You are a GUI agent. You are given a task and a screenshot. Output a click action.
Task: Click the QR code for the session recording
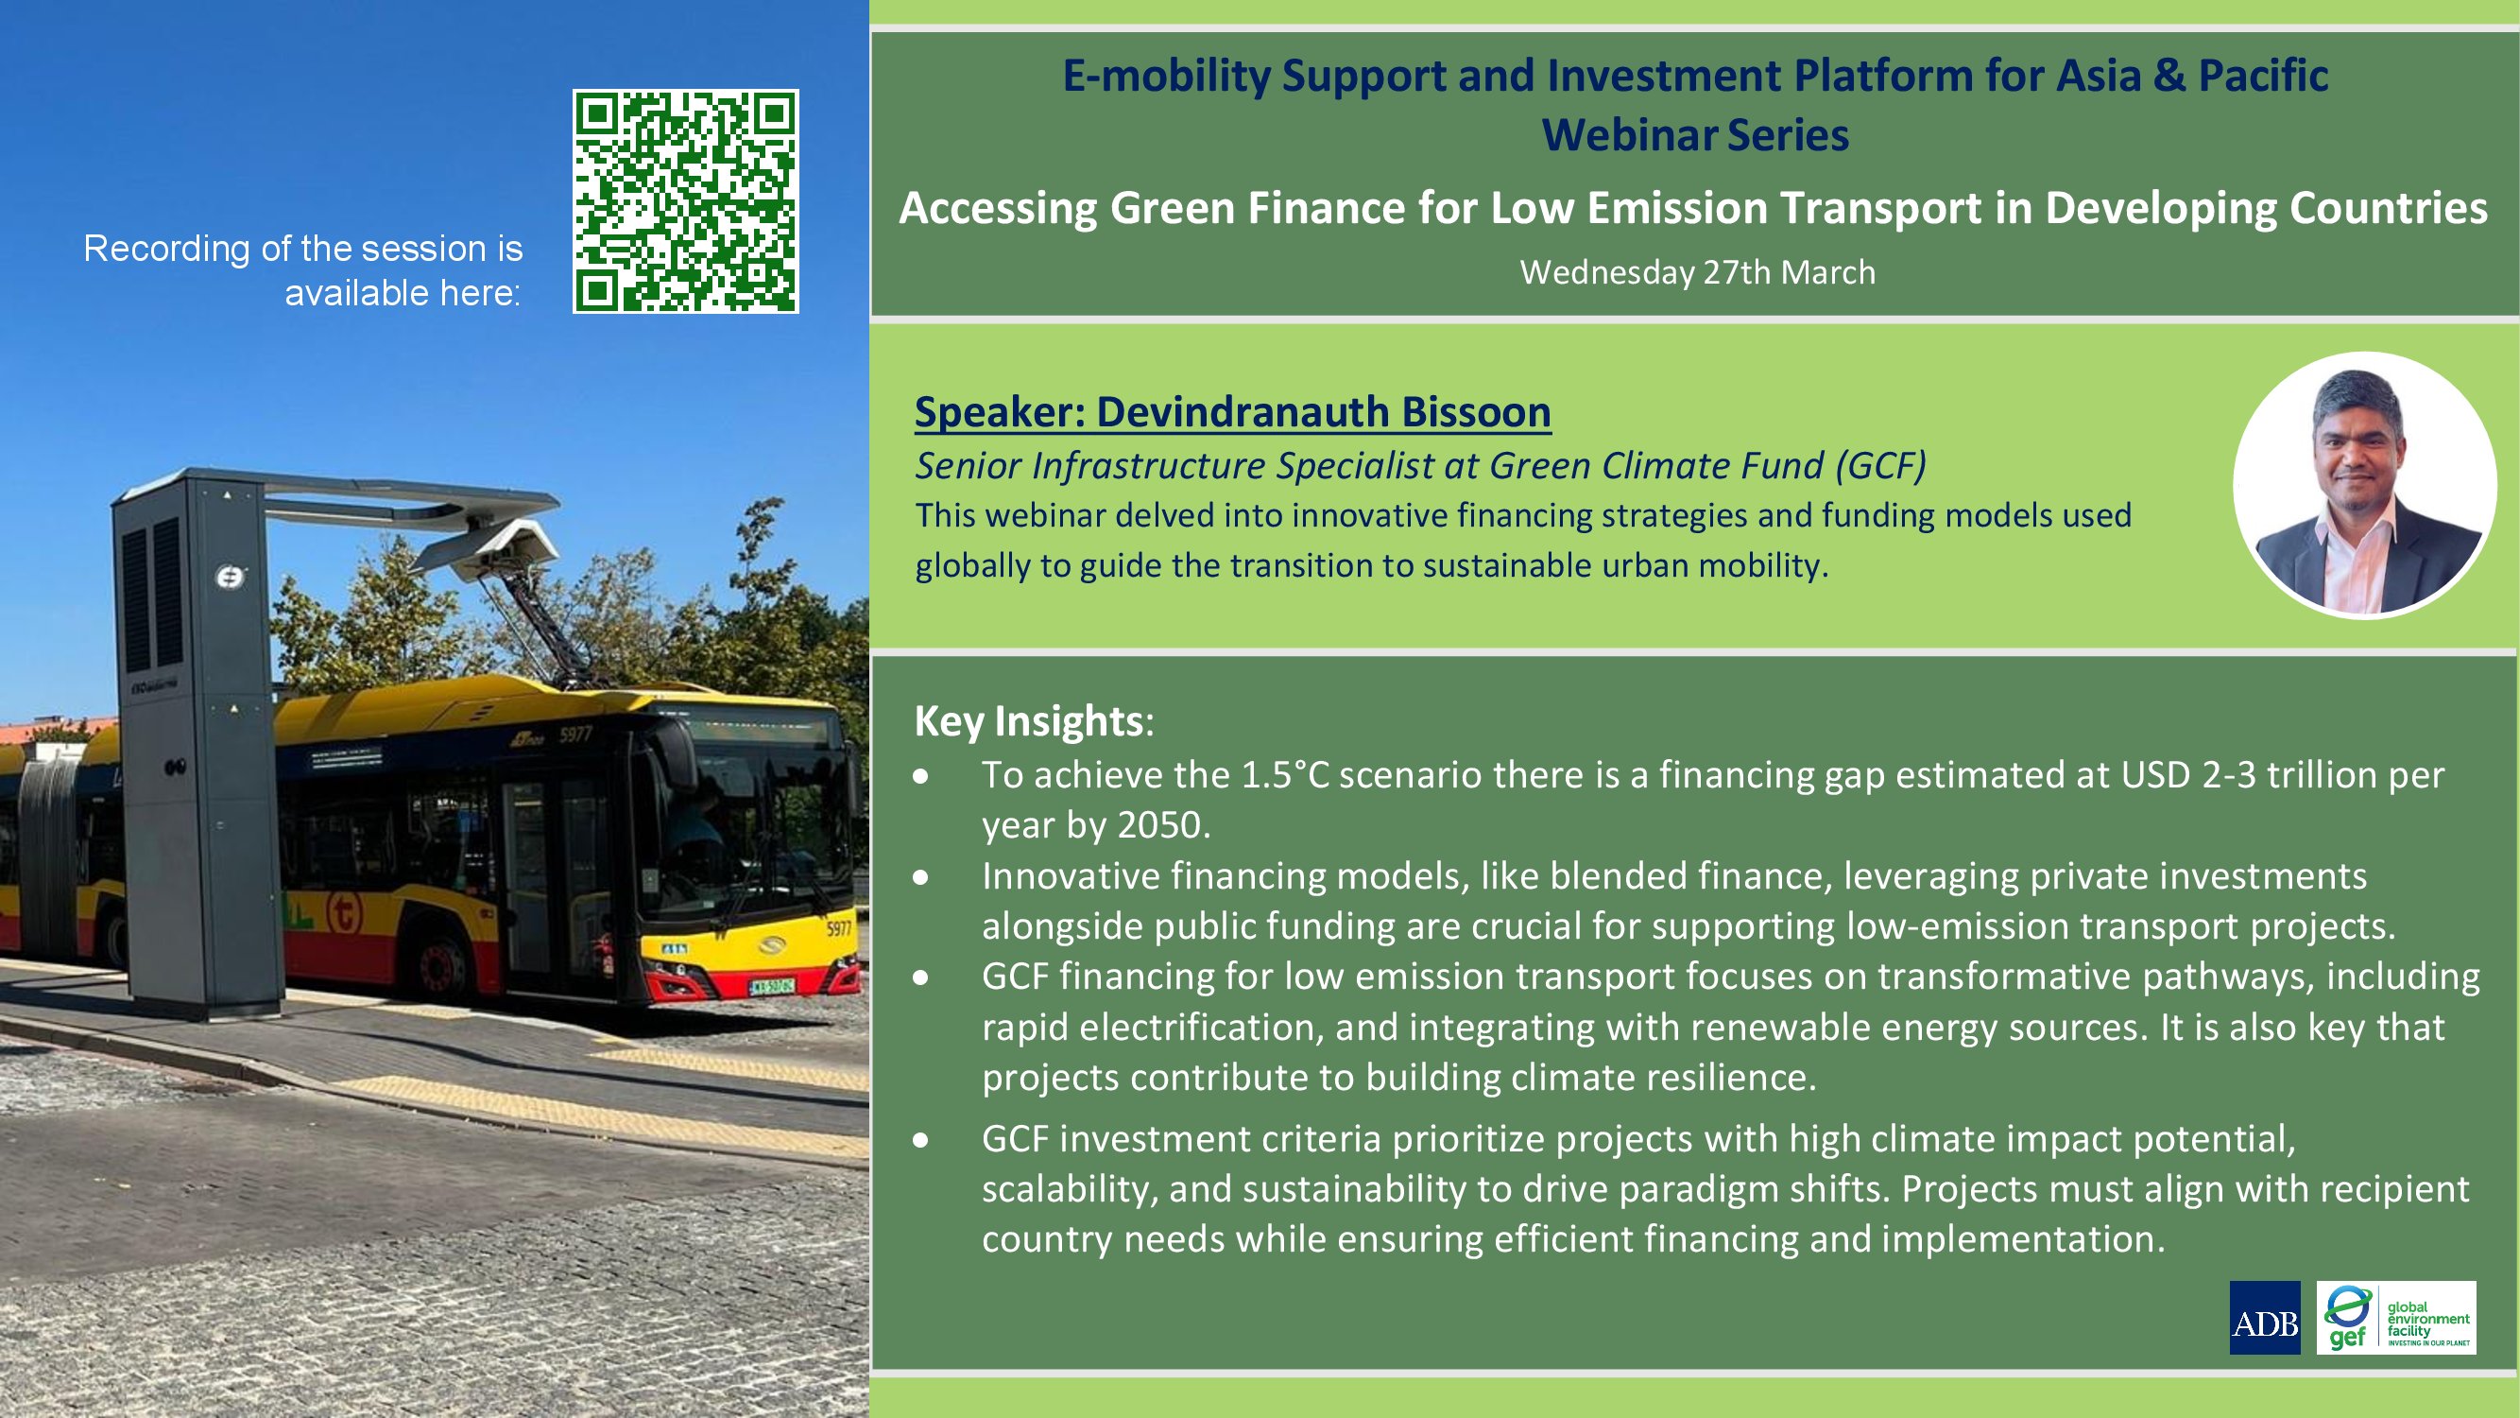(x=685, y=201)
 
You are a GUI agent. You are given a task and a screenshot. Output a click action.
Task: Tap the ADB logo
(x=2265, y=1317)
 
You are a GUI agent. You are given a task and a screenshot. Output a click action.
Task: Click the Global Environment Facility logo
(x=2396, y=1317)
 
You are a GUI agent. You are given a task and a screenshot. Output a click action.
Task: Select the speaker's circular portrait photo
(x=2364, y=485)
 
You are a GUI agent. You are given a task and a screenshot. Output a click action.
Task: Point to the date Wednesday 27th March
(x=1697, y=272)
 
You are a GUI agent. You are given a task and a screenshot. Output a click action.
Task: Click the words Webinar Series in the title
(x=1695, y=135)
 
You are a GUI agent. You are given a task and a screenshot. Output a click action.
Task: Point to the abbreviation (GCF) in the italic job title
(x=1880, y=466)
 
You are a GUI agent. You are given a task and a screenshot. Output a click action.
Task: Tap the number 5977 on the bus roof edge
(x=575, y=733)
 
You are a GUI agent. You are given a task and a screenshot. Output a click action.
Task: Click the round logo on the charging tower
(x=229, y=579)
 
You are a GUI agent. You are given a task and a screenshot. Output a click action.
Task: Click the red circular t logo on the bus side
(x=343, y=913)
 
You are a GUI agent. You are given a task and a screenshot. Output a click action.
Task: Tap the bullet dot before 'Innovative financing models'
(x=920, y=877)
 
